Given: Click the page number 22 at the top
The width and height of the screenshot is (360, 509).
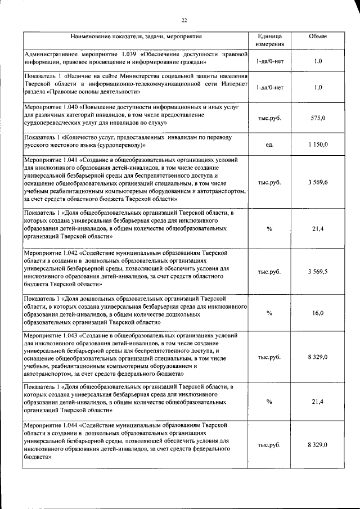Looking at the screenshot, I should pyautogui.click(x=183, y=20).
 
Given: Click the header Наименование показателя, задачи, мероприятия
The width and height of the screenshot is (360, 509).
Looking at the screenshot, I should pyautogui.click(x=136, y=37).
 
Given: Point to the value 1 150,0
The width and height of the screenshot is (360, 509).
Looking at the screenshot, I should pyautogui.click(x=318, y=145).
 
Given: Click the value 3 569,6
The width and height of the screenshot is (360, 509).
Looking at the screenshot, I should pyautogui.click(x=318, y=183).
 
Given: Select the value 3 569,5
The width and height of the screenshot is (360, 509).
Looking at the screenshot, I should pyautogui.click(x=318, y=272).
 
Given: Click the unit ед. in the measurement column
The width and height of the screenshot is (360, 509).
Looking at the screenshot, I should pyautogui.click(x=269, y=145).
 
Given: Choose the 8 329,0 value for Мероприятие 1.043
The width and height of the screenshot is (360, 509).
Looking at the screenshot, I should pyautogui.click(x=318, y=357).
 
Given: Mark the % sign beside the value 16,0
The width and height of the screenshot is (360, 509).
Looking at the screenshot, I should pyautogui.click(x=269, y=313).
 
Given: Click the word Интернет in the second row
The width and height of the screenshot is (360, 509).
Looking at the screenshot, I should pyautogui.click(x=232, y=84).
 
